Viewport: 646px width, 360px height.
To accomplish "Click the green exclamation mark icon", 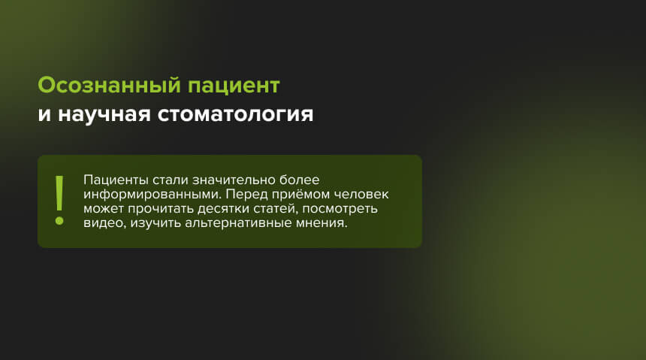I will point(58,201).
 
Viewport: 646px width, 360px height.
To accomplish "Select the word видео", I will point(101,223).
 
